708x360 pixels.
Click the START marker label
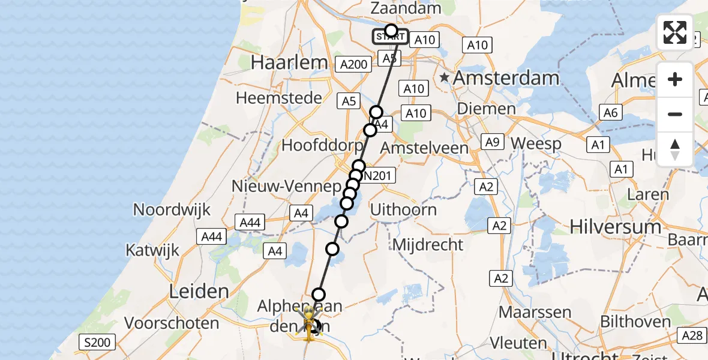pyautogui.click(x=391, y=37)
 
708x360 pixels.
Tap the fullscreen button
pyautogui.click(x=675, y=32)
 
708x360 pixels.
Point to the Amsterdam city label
pyautogui.click(x=506, y=77)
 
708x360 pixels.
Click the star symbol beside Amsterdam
pyautogui.click(x=444, y=77)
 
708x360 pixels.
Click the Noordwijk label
pyautogui.click(x=172, y=209)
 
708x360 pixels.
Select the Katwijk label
pyautogui.click(x=152, y=249)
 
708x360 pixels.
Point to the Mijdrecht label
pyautogui.click(x=428, y=244)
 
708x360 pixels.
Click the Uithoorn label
pyautogui.click(x=403, y=210)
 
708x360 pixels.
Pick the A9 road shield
pyautogui.click(x=492, y=142)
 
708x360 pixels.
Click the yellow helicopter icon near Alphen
pyautogui.click(x=309, y=323)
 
